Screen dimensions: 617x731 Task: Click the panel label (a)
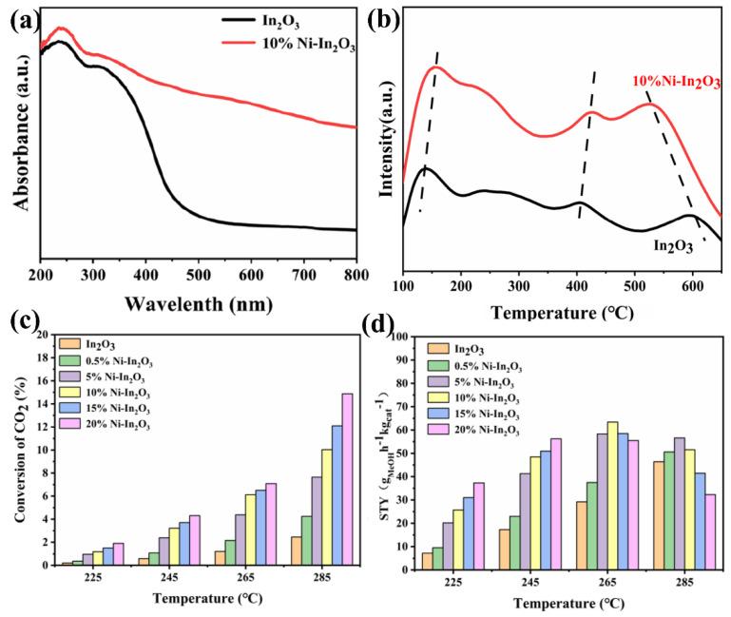pos(22,19)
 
